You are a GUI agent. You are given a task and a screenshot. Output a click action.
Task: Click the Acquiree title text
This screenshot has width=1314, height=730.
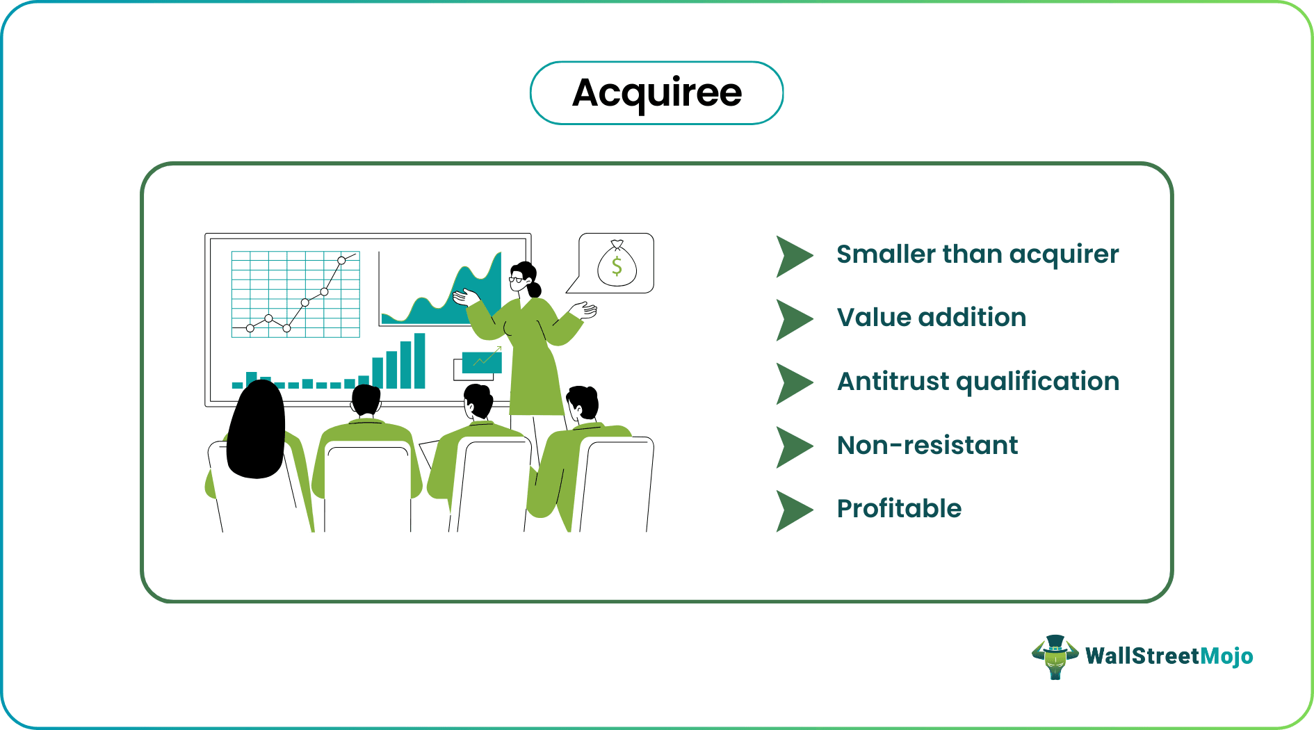(656, 92)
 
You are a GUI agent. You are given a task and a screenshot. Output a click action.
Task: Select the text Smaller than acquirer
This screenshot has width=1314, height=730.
(977, 254)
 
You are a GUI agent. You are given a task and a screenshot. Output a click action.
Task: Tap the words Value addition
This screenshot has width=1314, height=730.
(931, 318)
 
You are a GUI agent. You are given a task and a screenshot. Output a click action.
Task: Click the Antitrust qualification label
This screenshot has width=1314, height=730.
(978, 382)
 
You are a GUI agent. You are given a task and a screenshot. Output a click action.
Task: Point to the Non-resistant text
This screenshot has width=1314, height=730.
(927, 445)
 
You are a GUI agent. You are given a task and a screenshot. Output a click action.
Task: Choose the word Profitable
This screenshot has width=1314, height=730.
(898, 509)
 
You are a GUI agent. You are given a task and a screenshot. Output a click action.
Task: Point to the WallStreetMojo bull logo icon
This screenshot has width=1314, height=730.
(1055, 656)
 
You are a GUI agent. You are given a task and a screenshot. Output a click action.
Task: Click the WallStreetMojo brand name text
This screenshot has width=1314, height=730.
(1169, 656)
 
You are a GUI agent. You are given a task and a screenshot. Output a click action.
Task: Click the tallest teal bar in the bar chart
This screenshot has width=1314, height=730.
(419, 361)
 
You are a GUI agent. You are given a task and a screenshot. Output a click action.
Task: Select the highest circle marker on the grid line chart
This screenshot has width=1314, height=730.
(341, 261)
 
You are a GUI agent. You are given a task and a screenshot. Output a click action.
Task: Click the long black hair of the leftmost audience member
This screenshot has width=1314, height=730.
(256, 431)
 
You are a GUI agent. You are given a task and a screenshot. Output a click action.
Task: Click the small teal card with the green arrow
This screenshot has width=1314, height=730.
(481, 362)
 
